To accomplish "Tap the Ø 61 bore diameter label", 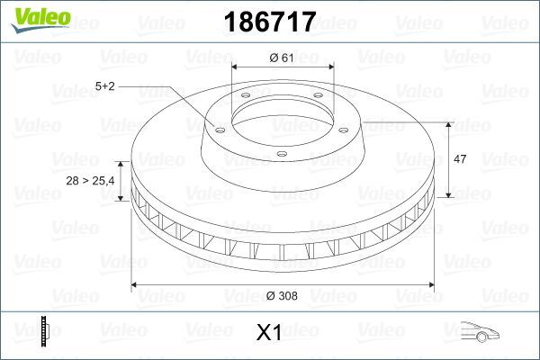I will tap(282, 58).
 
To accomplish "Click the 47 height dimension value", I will tap(459, 159).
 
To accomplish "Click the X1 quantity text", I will tap(269, 333).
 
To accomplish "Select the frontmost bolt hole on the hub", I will tap(282, 154).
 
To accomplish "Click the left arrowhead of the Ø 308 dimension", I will tap(135, 285).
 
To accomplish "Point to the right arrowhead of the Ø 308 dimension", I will tap(430, 285).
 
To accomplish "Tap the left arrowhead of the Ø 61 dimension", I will tap(235, 67).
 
